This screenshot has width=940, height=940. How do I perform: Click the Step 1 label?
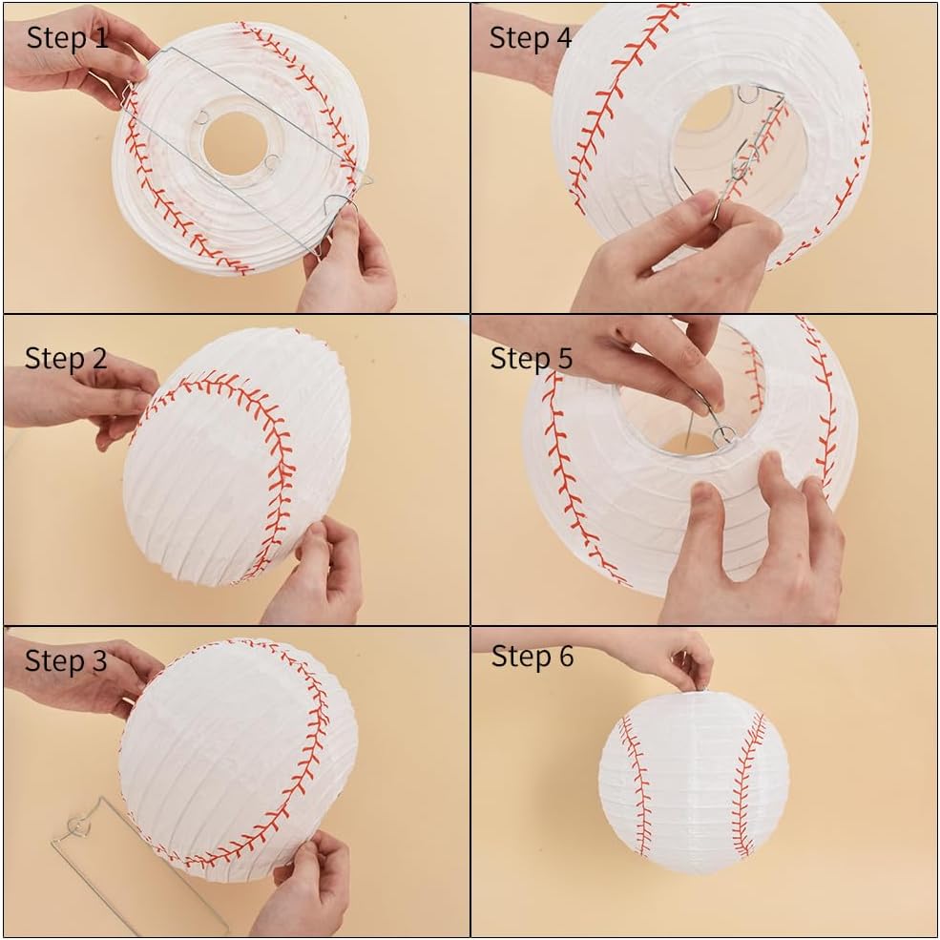(67, 38)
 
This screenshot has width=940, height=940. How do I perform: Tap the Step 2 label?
(65, 359)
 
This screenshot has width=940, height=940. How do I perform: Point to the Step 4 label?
(531, 38)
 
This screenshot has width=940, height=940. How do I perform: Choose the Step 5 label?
(532, 359)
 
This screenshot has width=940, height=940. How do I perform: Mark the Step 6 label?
(533, 657)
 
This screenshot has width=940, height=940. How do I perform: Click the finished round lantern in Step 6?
(693, 783)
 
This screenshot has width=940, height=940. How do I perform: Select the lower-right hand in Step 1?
(347, 263)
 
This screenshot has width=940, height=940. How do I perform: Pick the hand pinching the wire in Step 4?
(678, 258)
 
